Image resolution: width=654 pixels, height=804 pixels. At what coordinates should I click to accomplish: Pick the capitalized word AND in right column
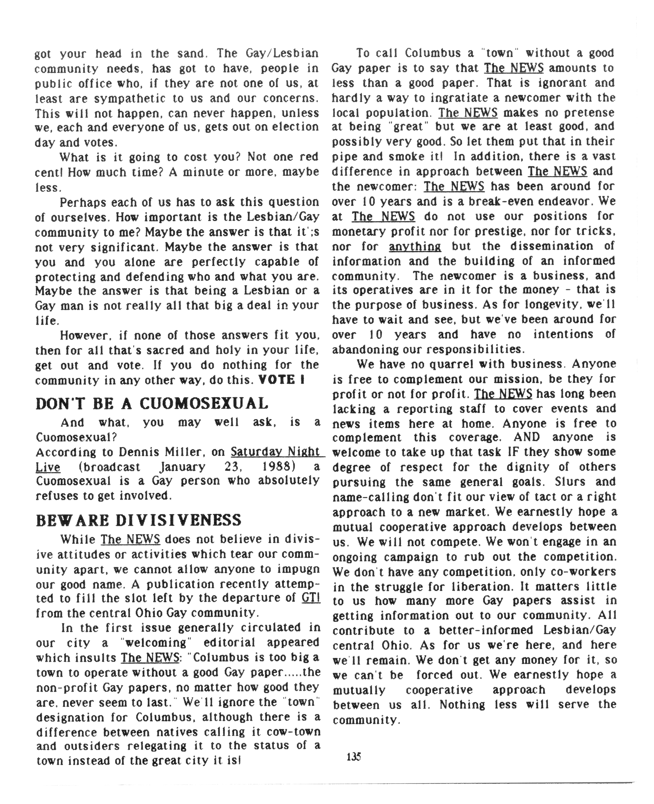(x=526, y=437)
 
